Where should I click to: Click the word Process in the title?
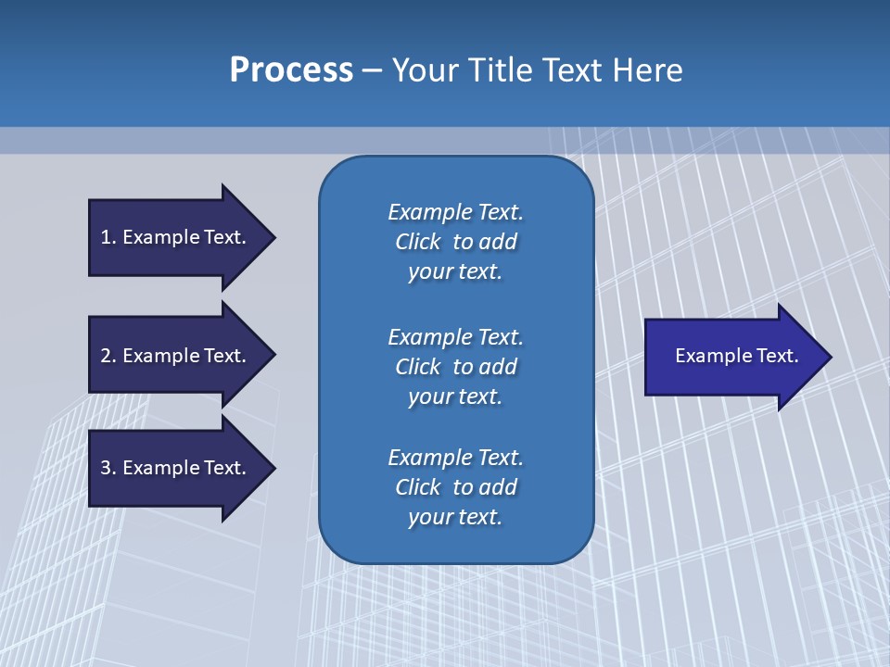[x=291, y=70]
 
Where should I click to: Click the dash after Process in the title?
[x=372, y=71]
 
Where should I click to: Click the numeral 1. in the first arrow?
[x=108, y=237]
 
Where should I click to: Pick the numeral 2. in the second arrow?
[x=108, y=356]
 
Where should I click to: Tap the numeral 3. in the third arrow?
[x=108, y=468]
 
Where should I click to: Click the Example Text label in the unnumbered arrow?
[x=736, y=356]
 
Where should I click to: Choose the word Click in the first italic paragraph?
[x=417, y=242]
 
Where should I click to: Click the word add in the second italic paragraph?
[x=499, y=367]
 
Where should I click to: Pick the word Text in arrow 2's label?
[x=224, y=356]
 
